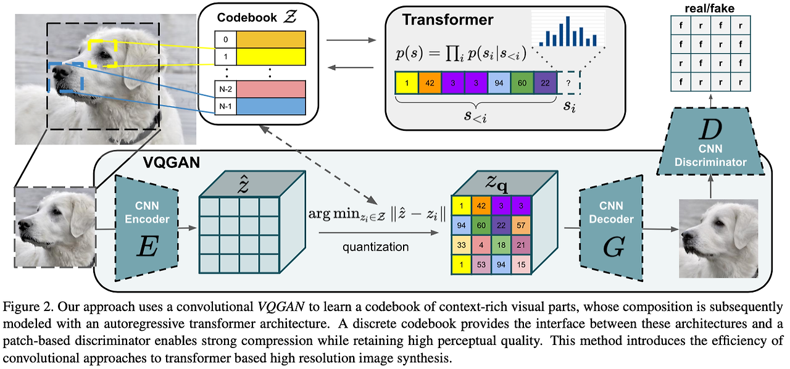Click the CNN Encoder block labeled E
click(x=146, y=220)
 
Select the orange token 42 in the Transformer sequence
click(x=430, y=83)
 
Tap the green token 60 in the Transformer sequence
click(x=522, y=83)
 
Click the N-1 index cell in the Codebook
click(x=225, y=106)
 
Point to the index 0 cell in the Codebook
click(x=225, y=40)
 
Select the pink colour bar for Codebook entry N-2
click(x=271, y=89)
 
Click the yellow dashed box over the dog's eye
click(x=102, y=53)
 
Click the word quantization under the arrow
click(x=376, y=247)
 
